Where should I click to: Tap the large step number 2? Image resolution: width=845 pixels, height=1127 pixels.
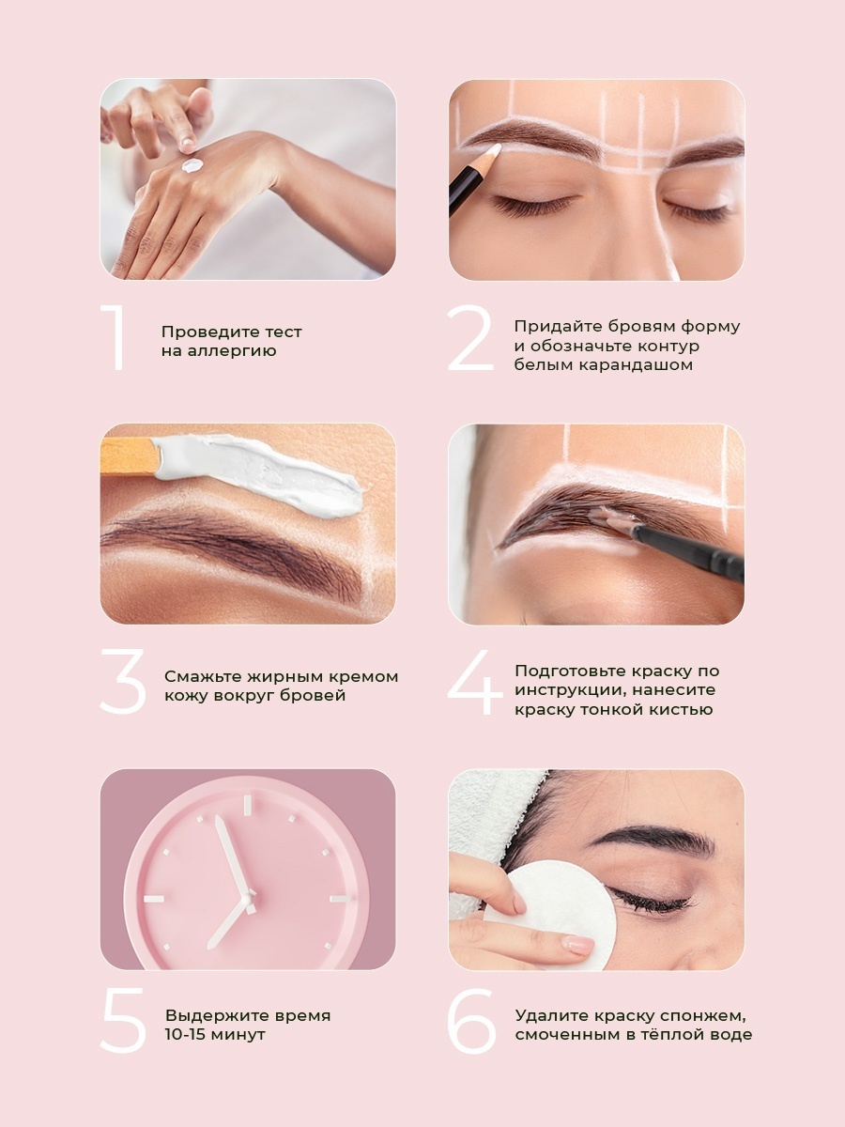pyautogui.click(x=470, y=337)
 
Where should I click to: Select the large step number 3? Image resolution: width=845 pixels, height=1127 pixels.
pyautogui.click(x=123, y=681)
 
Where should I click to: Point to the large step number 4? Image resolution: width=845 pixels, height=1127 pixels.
pyautogui.click(x=475, y=683)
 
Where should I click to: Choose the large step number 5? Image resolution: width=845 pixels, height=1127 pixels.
pyautogui.click(x=124, y=1021)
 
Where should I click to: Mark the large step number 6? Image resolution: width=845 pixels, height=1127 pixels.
pyautogui.click(x=472, y=1021)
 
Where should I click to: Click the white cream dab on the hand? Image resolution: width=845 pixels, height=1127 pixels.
pyautogui.click(x=192, y=165)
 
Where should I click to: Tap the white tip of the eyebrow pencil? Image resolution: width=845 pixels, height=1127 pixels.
pyautogui.click(x=494, y=149)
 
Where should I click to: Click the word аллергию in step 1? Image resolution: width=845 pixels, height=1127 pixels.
pyautogui.click(x=232, y=351)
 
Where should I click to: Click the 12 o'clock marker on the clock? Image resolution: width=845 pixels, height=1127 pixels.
pyautogui.click(x=247, y=805)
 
